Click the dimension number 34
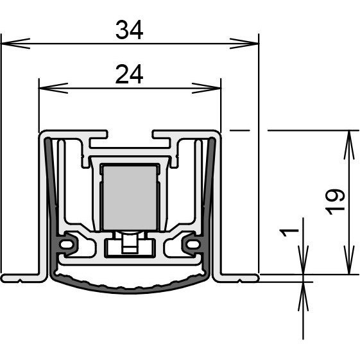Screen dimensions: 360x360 tap(129, 30)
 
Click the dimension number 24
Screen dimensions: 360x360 tap(129, 74)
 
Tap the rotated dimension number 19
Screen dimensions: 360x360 tap(336, 202)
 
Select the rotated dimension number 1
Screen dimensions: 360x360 tap(289, 232)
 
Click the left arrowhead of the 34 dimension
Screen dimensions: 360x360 tap(15, 44)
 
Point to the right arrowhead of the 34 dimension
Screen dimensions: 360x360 tap(244, 44)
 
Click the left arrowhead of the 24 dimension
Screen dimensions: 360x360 tap(53, 88)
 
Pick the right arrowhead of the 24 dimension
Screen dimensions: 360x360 tap(207, 88)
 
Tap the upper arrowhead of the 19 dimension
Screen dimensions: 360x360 tap(349, 145)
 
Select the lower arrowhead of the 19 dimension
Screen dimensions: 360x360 tap(349, 260)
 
